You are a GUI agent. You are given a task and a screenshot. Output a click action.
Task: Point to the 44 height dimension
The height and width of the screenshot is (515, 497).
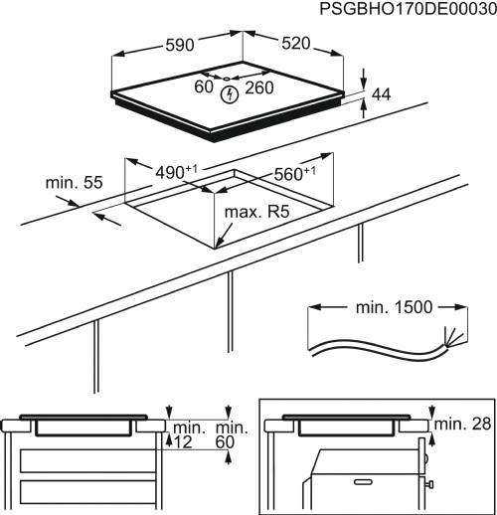pos(382,94)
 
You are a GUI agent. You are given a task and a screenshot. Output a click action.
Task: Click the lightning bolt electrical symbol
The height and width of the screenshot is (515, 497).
pos(231,94)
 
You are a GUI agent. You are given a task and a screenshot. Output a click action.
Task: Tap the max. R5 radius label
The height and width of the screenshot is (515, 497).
pos(257,213)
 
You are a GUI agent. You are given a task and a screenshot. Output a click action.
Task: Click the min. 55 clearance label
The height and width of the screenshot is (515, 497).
pos(74,183)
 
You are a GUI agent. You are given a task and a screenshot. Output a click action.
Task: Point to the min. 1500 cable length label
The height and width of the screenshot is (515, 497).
pos(394,307)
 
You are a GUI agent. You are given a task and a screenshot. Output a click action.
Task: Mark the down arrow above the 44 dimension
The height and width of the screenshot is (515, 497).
pos(364,79)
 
